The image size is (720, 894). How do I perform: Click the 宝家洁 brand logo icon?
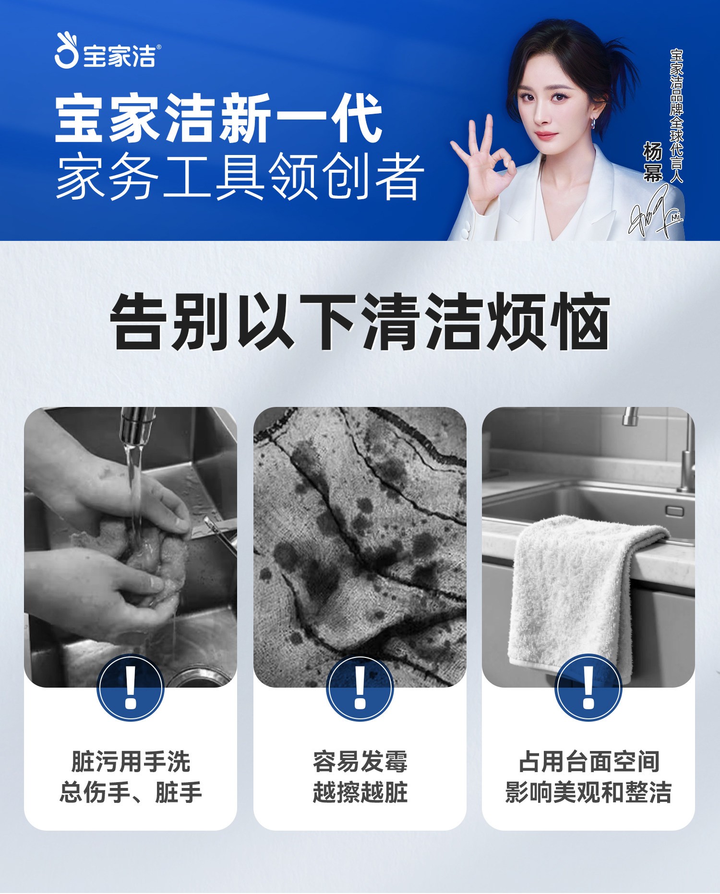point(66,50)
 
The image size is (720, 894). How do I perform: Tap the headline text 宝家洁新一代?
point(218,119)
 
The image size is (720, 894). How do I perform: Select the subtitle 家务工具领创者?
point(240,177)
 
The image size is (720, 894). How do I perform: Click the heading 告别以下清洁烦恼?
point(360,322)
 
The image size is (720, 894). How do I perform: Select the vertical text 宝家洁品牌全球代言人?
point(676,116)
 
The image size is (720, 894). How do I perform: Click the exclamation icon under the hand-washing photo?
point(131,687)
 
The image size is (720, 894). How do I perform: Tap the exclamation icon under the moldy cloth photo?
point(360,687)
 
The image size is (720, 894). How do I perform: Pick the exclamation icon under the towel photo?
point(588,687)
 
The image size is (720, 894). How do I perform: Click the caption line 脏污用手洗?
point(131,762)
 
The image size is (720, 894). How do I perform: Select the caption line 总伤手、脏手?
point(131,792)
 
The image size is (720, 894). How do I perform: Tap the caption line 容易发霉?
point(360,762)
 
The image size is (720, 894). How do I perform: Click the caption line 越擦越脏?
point(360,792)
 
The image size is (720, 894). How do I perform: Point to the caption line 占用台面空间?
point(589,762)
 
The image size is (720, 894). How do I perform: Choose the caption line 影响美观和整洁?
point(588,792)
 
